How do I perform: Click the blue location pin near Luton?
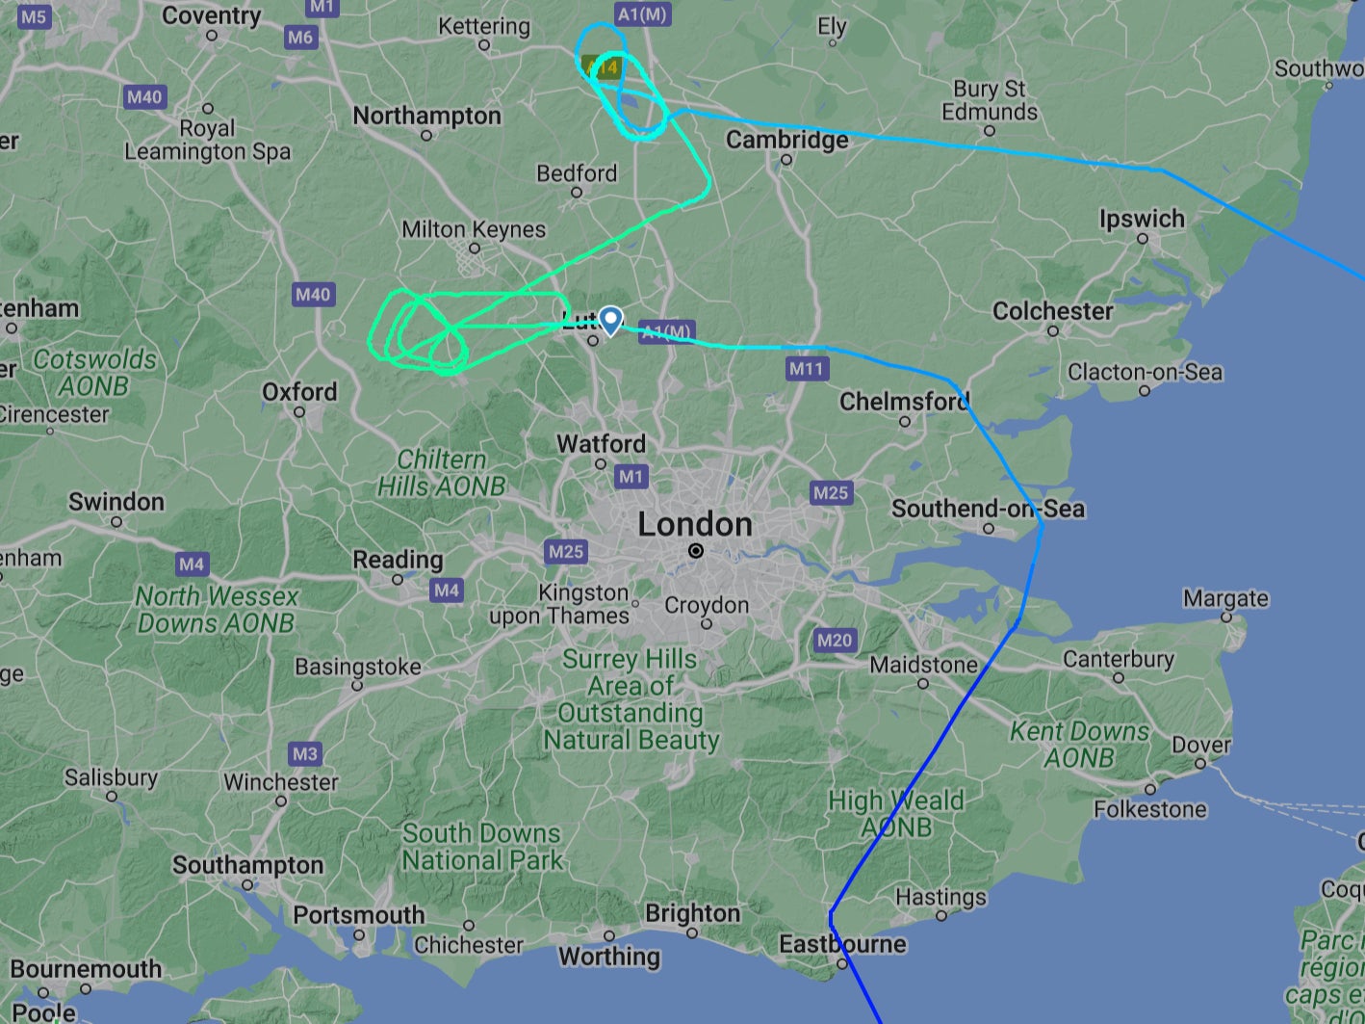click(610, 320)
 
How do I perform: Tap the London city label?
click(695, 525)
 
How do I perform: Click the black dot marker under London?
click(696, 551)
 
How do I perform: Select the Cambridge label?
click(786, 141)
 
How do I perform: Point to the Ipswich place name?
click(1142, 220)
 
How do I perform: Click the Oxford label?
click(299, 392)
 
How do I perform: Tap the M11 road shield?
click(806, 368)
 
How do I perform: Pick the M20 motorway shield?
click(834, 640)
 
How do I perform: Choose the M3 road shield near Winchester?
click(304, 754)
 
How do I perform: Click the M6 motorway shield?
click(300, 38)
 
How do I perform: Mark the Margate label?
click(1225, 599)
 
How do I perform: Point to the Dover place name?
click(1200, 746)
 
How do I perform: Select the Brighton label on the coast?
click(692, 913)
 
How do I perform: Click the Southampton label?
click(247, 865)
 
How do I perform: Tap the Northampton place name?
click(426, 117)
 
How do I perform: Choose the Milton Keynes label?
click(474, 230)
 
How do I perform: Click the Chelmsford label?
click(904, 402)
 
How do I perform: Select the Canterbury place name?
click(1118, 660)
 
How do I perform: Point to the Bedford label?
click(577, 174)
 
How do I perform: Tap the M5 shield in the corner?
click(33, 16)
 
